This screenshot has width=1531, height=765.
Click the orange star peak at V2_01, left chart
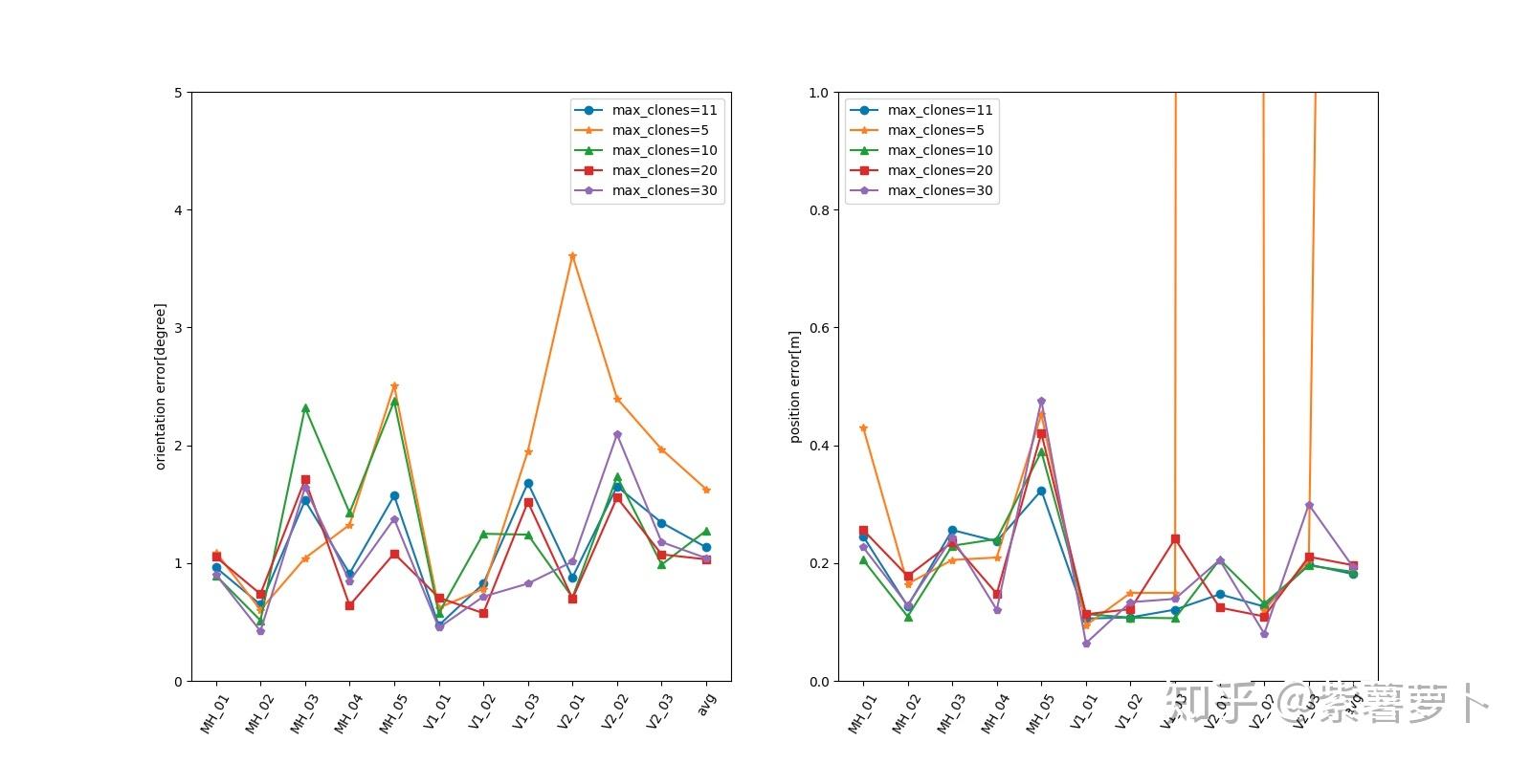point(572,256)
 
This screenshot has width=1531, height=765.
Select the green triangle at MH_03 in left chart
point(305,407)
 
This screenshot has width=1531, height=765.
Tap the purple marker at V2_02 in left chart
point(617,434)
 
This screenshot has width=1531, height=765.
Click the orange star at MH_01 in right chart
point(863,428)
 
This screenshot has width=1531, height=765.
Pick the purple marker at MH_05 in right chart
point(1041,402)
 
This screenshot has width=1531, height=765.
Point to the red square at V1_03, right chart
point(1175,539)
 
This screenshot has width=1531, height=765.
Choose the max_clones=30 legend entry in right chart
point(940,190)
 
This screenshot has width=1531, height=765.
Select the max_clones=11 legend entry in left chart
point(664,110)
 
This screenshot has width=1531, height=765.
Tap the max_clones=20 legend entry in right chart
point(940,170)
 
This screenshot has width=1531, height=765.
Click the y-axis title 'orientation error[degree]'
point(161,386)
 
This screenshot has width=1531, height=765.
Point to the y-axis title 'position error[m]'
point(794,386)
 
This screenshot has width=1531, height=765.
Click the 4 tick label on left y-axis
point(177,210)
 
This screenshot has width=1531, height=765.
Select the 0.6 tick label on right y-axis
point(819,328)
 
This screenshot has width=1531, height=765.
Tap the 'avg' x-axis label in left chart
point(707,704)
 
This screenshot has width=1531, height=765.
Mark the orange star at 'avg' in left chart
point(706,490)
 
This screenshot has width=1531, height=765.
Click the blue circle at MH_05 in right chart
point(1041,492)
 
